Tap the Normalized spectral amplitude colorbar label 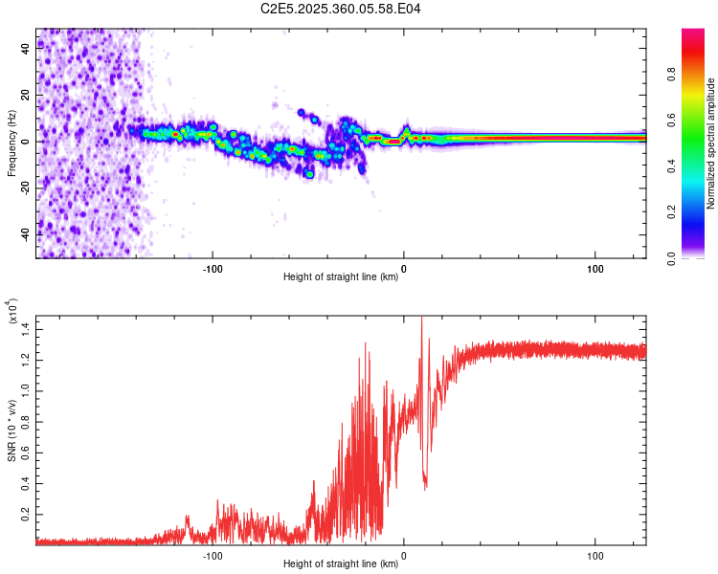pyautogui.click(x=710, y=143)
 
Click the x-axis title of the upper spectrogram pyautogui.click(x=341, y=277)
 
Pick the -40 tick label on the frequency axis pyautogui.click(x=25, y=232)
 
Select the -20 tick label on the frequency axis pyautogui.click(x=25, y=188)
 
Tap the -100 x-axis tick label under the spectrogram pyautogui.click(x=213, y=268)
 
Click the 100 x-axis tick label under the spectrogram pyautogui.click(x=595, y=268)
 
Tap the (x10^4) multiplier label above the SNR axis pyautogui.click(x=13, y=317)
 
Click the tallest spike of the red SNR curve pyautogui.click(x=421, y=320)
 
